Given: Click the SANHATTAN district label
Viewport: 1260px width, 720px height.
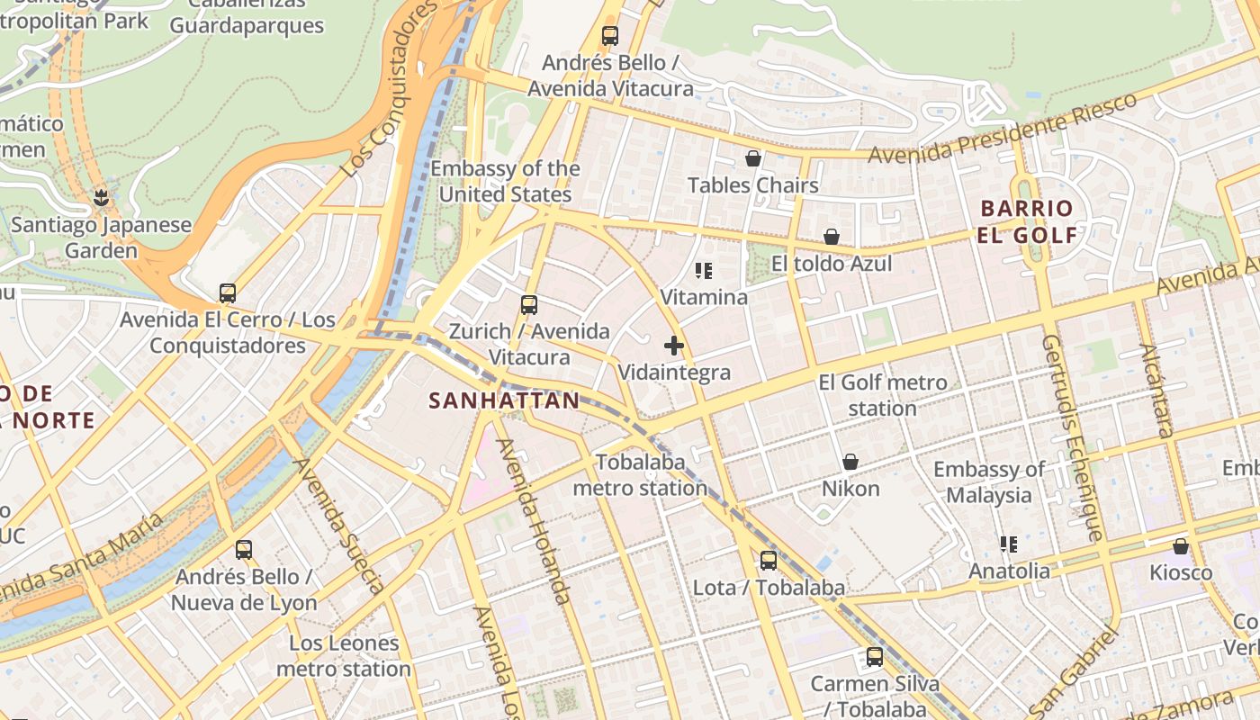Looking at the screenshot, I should pos(504,400).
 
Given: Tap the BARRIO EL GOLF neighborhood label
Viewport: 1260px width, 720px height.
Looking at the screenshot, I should pos(1027,222).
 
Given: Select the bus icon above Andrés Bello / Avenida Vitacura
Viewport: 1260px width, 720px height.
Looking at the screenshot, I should pos(610,36).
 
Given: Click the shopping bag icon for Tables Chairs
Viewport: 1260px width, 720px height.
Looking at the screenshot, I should pos(753,159).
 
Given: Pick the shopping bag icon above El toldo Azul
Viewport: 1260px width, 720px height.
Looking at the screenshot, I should pos(832,237).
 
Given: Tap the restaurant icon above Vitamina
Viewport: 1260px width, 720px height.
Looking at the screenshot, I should pos(704,270).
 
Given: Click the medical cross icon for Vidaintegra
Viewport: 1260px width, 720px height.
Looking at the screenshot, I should pos(673,346).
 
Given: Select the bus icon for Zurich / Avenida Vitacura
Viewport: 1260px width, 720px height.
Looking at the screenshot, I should pos(529,305).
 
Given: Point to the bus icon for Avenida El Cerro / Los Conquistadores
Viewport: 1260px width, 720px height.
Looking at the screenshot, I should pos(228,293).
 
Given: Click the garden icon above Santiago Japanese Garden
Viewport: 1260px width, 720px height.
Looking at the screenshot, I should pos(101,197).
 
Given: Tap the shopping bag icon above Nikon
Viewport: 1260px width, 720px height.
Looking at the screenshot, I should pos(850,462).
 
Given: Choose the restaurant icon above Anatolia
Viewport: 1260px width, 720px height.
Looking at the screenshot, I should pos(1008,544).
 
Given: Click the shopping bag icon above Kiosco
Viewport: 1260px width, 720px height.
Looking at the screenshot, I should pos(1181,546).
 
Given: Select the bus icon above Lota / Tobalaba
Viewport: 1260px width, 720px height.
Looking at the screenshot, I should pos(768,561).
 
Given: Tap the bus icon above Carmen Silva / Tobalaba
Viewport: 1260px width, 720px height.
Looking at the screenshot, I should pos(875,657).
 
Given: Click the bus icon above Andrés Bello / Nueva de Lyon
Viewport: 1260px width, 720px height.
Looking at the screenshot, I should pos(243,550).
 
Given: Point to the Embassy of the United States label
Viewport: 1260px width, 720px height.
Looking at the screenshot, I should pos(505,182).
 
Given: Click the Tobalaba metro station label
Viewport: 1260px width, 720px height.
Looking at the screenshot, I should pos(640,475).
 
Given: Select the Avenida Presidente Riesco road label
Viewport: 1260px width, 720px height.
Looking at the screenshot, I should pos(1003,128).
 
